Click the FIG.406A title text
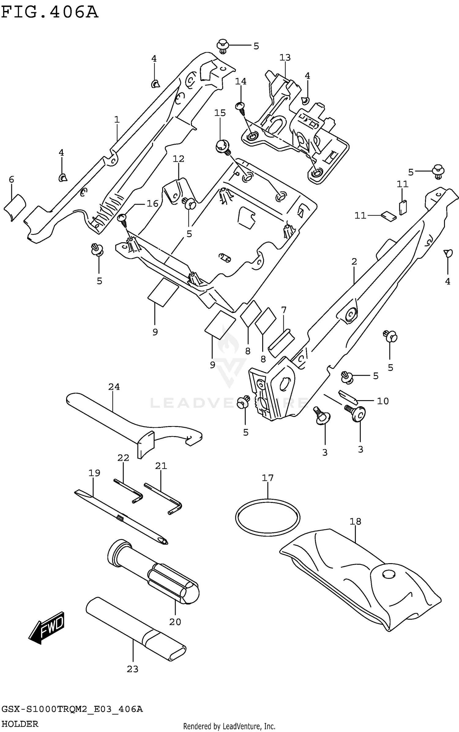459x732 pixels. click(50, 13)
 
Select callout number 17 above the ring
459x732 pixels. click(267, 477)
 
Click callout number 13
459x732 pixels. click(285, 58)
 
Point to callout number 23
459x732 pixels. click(132, 669)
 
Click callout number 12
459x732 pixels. click(178, 159)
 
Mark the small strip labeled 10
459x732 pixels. click(347, 396)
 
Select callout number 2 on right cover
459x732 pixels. click(354, 262)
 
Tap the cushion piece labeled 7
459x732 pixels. click(281, 343)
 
